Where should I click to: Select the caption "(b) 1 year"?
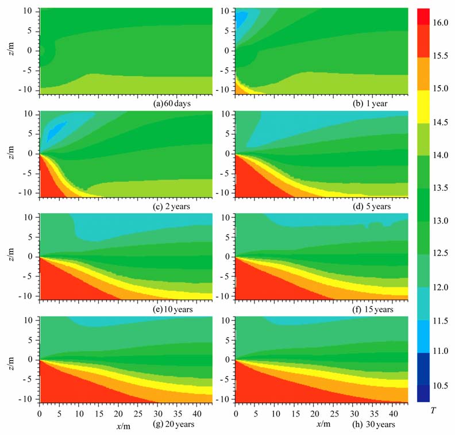(x=373, y=105)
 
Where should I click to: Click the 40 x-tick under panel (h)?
(x=393, y=413)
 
